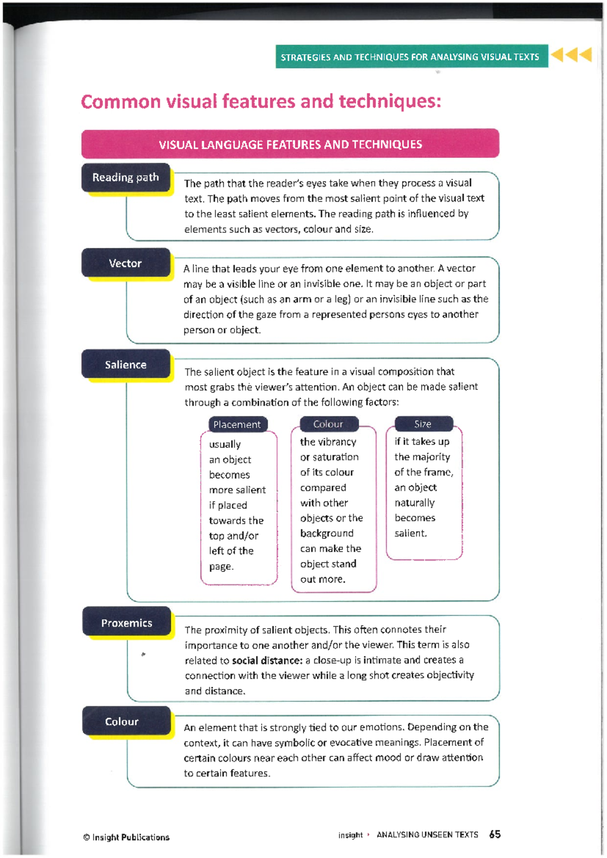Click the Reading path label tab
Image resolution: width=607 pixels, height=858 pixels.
click(x=125, y=178)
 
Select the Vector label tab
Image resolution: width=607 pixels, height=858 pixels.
click(x=125, y=263)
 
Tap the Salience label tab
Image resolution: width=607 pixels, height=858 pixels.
click(x=125, y=364)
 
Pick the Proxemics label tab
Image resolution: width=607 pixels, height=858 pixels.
click(x=126, y=623)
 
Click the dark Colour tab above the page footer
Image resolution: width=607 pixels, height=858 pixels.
click(x=122, y=721)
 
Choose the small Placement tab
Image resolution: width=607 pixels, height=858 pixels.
click(x=237, y=424)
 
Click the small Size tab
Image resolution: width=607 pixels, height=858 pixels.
click(x=423, y=424)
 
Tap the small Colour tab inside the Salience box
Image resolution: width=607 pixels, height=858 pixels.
click(x=328, y=424)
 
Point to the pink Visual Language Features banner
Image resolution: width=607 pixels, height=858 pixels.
click(x=290, y=144)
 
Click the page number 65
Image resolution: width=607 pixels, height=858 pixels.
click(x=495, y=834)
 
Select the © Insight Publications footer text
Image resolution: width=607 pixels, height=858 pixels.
click(x=126, y=837)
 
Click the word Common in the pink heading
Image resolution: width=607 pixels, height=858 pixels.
click(x=121, y=102)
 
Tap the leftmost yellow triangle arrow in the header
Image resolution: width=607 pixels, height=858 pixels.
click(x=558, y=54)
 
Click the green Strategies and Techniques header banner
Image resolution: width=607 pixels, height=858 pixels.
click(x=411, y=57)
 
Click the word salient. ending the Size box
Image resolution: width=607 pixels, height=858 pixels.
click(x=411, y=533)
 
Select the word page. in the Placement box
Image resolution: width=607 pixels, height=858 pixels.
click(x=222, y=567)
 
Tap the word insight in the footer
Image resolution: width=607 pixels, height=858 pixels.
click(x=351, y=835)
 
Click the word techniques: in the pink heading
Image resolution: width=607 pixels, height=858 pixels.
click(x=390, y=102)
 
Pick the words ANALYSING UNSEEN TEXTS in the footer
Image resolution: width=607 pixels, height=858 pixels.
click(x=427, y=835)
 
